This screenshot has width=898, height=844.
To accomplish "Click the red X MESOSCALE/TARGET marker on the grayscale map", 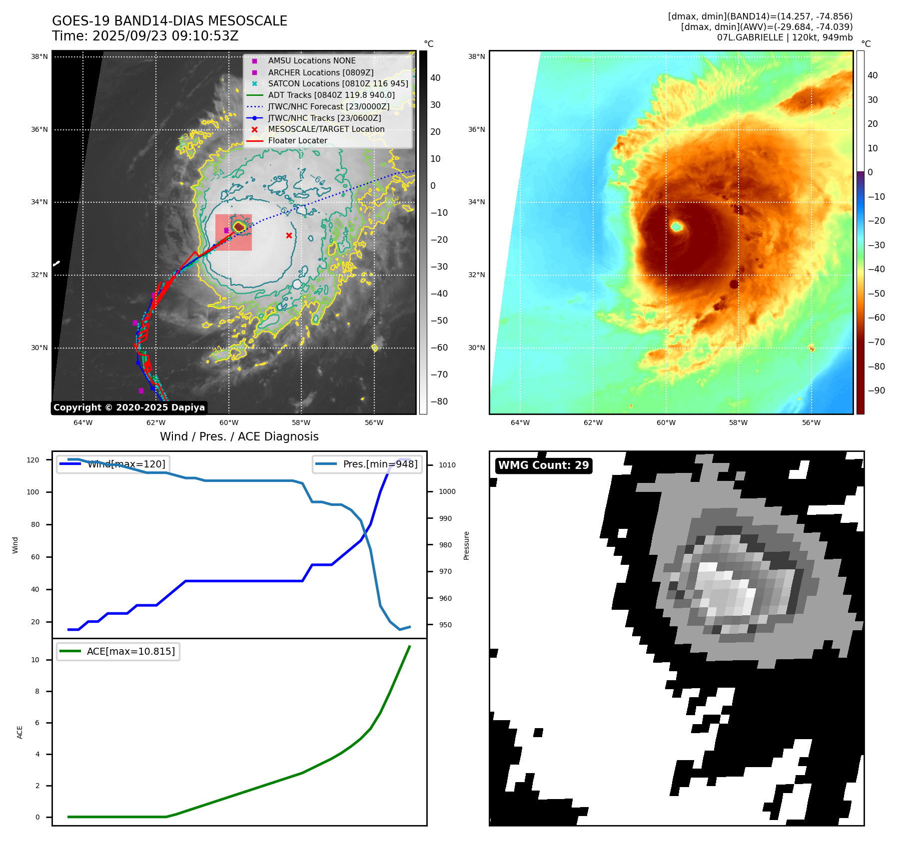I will [x=289, y=235].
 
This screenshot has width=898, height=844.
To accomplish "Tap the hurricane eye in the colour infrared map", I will [x=677, y=227].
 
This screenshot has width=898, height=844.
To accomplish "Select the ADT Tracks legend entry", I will [x=331, y=95].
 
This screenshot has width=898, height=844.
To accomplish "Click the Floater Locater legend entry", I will [x=297, y=141].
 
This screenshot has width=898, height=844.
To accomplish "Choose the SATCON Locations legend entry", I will [x=338, y=83].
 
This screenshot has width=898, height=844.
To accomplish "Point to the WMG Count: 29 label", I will [x=543, y=465].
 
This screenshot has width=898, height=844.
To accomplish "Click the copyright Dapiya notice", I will [x=129, y=408].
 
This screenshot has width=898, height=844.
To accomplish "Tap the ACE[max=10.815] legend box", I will [x=118, y=651].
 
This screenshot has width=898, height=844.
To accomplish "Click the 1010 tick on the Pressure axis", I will [x=447, y=465].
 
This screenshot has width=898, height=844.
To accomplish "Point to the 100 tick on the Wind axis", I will [x=32, y=492].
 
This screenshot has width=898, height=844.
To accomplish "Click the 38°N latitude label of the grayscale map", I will [x=39, y=56].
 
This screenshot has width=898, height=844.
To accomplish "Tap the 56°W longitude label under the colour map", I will [x=811, y=422].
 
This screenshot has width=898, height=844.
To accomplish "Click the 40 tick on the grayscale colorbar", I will [x=435, y=78].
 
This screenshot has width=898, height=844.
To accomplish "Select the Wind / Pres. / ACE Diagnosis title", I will [x=239, y=436].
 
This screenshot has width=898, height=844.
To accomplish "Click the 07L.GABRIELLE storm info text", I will [x=785, y=37].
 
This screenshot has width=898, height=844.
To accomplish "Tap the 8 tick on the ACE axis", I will [x=37, y=691].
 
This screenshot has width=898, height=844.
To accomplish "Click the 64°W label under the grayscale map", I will [x=83, y=422].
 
